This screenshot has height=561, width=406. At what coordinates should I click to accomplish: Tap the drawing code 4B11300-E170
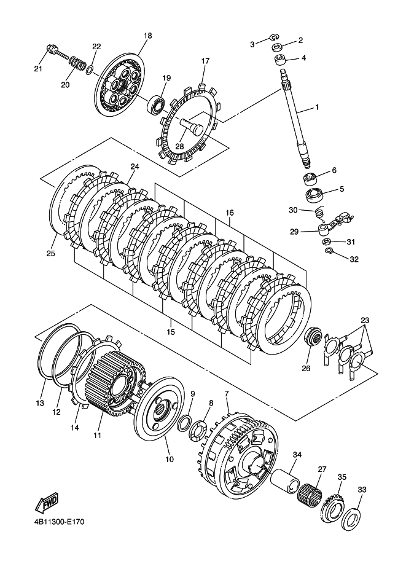click(x=56, y=522)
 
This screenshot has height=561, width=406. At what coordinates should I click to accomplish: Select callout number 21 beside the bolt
click(x=37, y=68)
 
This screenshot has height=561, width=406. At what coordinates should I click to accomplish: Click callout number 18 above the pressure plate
click(x=147, y=36)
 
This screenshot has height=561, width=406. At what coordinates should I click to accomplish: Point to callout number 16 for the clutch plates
click(x=229, y=213)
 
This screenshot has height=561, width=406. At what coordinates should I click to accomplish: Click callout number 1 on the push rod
click(x=317, y=107)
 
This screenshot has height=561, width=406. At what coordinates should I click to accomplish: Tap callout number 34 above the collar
click(x=297, y=455)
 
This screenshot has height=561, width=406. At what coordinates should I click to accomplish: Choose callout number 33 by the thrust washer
click(x=362, y=490)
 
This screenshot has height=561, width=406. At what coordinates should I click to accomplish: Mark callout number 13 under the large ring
click(x=41, y=403)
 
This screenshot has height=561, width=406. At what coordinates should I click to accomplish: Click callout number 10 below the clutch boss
click(x=170, y=458)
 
